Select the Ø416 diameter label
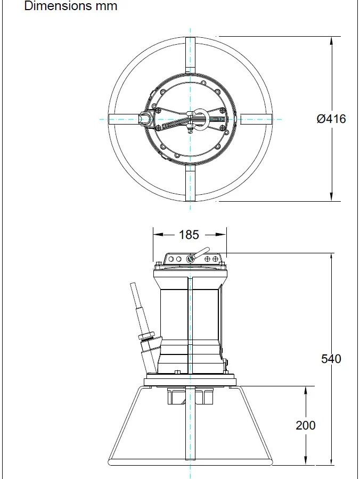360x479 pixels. pos(331,119)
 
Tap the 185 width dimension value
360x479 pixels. pos(189,235)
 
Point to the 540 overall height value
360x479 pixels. pos(331,359)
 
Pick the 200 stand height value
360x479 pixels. pos(305,425)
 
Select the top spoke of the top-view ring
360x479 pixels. pos(190,53)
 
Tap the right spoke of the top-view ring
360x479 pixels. pos(256,119)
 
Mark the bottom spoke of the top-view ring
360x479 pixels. pos(190,184)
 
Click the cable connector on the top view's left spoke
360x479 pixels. pos(145,118)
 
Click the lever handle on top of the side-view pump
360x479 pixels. pos(201,254)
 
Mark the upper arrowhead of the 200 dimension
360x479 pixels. pos(305,391)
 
